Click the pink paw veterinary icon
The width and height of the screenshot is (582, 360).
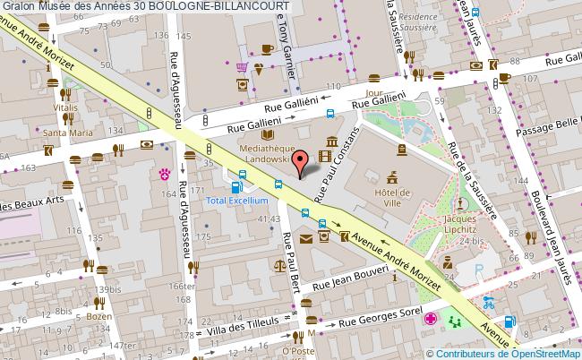pos(165,172)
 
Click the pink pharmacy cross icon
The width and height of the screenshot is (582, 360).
pos(432,319)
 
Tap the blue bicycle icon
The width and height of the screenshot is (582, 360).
pos(488,302)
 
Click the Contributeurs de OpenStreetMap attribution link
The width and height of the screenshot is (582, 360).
pos(511,353)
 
